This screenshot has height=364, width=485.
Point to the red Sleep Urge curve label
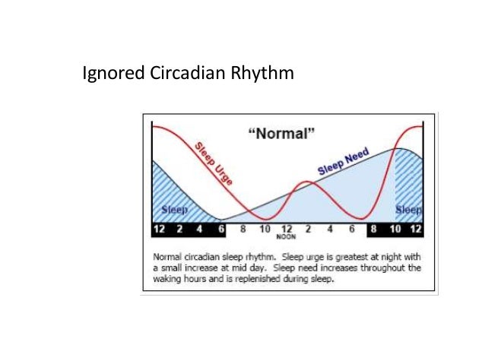point(214,164)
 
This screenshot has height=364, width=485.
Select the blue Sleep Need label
point(343,162)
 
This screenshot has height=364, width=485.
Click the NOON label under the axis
point(286,236)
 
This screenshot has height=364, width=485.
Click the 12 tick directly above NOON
point(287,228)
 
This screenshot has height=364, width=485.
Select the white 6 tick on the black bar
point(220,228)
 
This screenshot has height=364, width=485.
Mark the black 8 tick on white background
point(243,228)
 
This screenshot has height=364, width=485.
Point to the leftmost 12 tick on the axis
point(160,228)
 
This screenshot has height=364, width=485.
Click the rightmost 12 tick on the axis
point(416,228)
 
